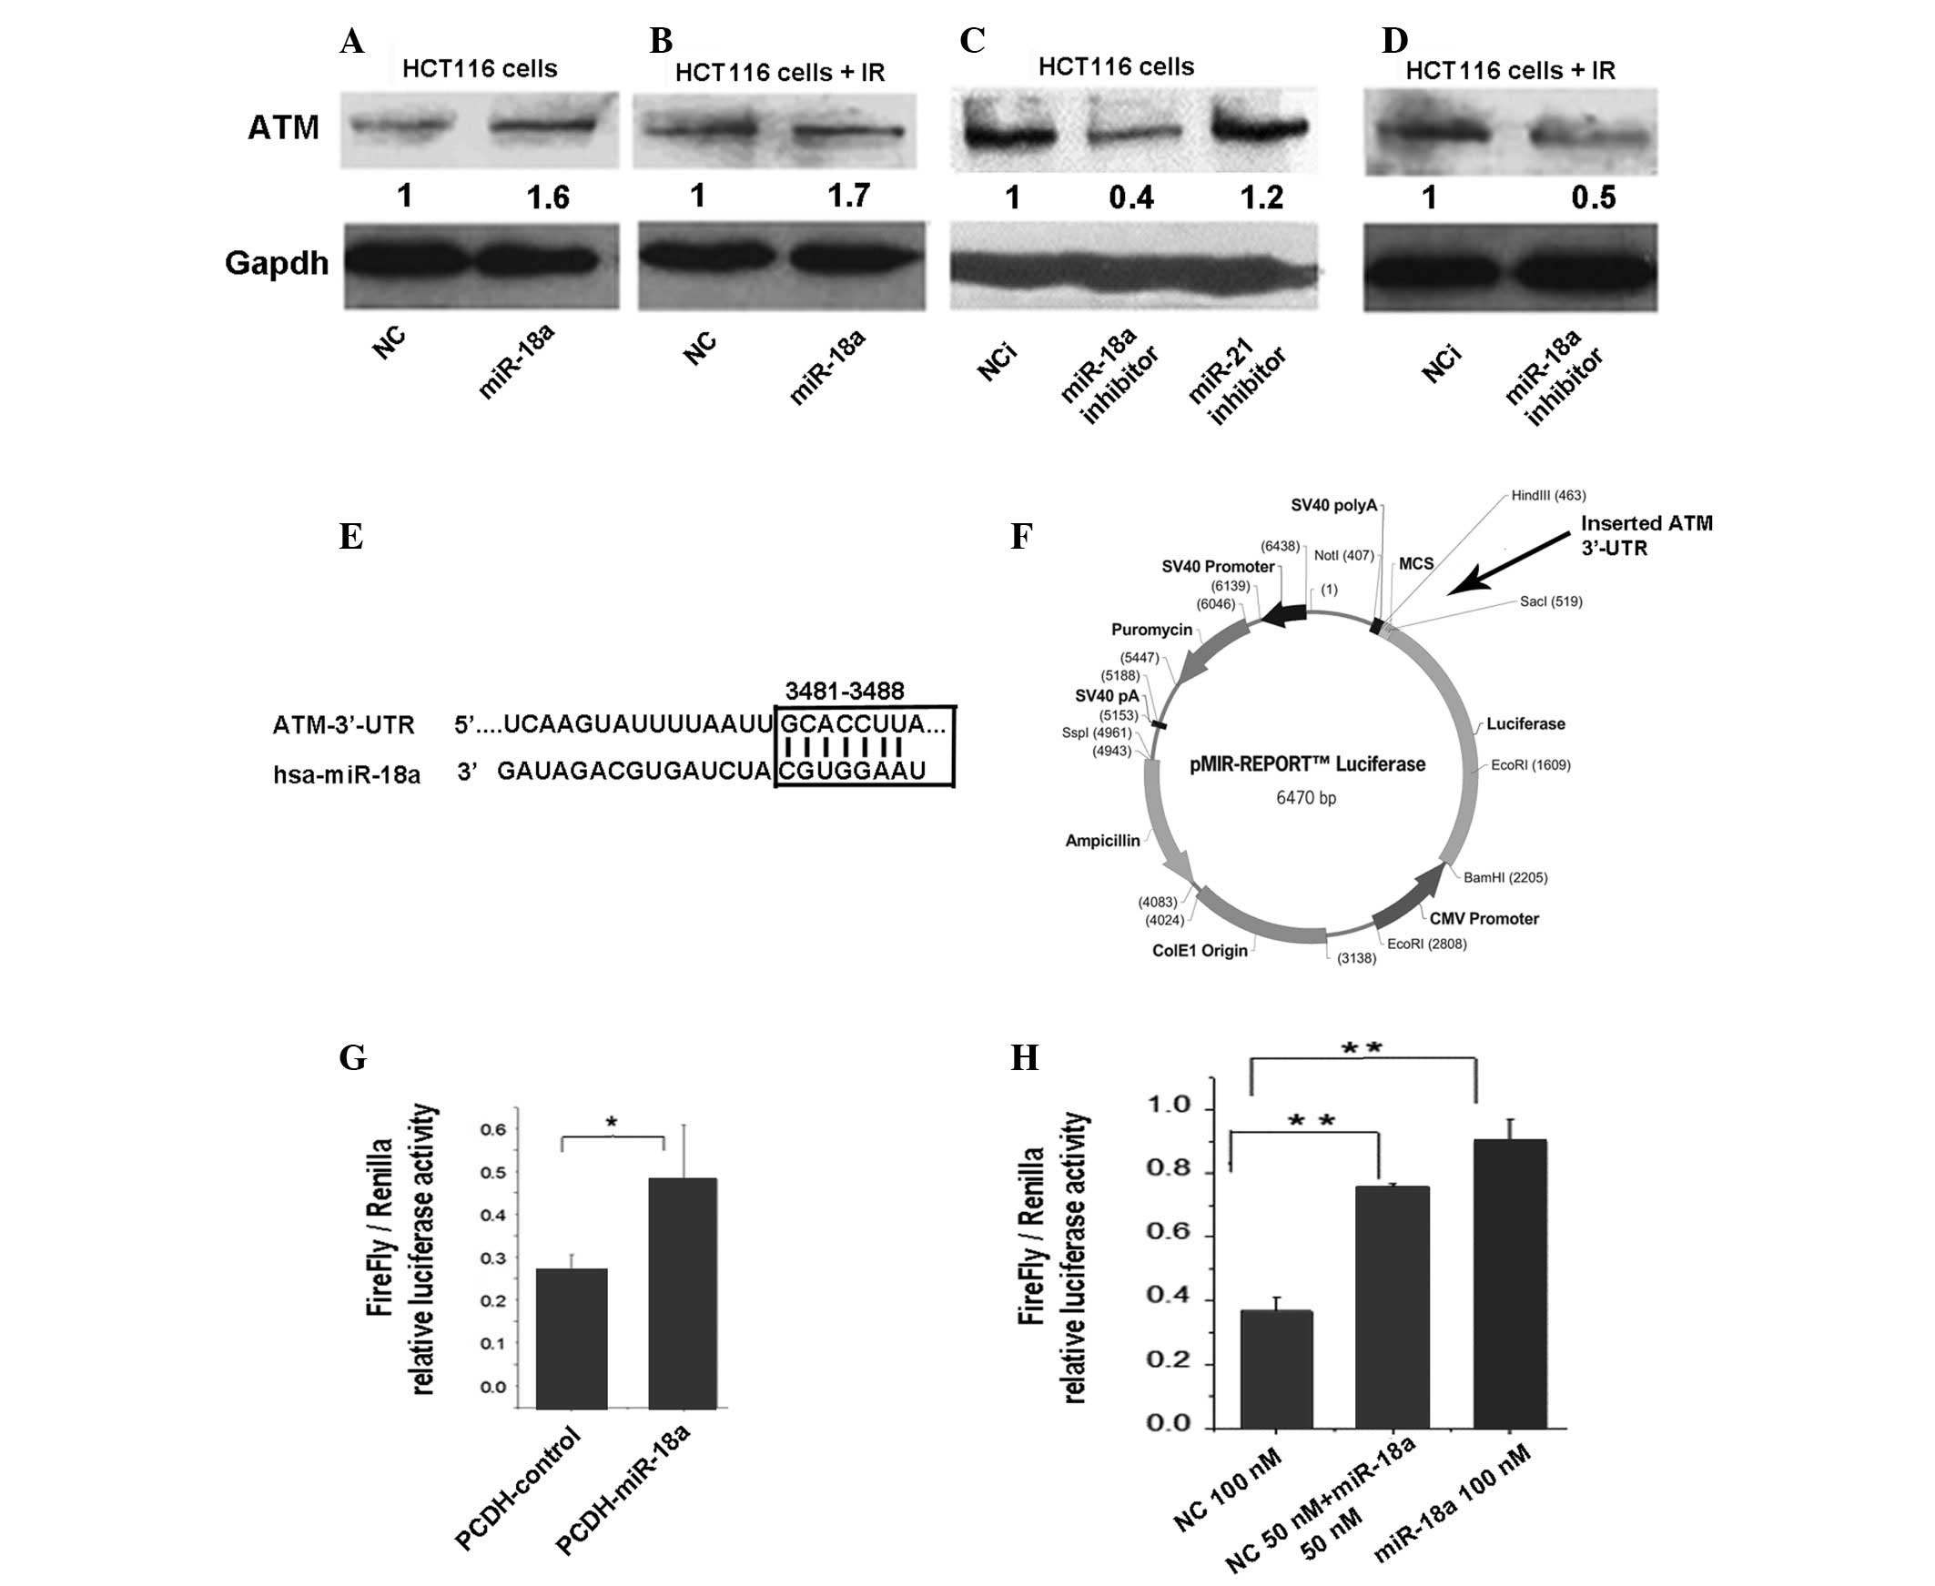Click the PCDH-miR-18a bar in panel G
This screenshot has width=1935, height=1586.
682,1293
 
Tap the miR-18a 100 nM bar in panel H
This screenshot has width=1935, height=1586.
1510,1284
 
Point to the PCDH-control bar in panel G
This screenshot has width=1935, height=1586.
571,1338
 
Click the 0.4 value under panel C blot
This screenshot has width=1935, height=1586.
1131,197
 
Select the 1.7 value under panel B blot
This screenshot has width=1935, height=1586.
849,196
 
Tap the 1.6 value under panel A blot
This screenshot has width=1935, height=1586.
548,197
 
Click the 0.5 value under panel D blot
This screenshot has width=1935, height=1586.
1594,197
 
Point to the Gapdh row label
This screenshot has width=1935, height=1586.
276,263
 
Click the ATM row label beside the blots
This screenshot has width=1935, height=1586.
283,128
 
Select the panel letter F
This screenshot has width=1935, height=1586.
1020,536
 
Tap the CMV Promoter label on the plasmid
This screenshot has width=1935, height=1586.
1484,918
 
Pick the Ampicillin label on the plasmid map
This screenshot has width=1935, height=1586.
1102,841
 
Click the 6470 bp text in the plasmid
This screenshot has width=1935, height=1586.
1305,798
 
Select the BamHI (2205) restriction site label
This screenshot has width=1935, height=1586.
1504,877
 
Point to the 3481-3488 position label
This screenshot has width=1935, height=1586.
844,691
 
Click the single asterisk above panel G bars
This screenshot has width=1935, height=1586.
613,1122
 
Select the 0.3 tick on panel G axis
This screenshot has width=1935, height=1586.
493,1258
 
